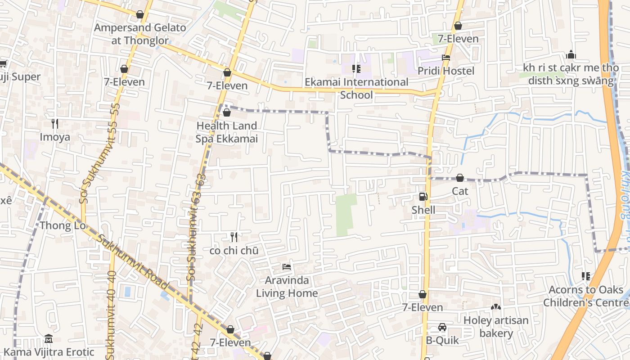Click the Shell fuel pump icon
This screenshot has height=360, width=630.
tap(423, 197)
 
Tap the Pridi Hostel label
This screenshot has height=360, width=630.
tap(445, 71)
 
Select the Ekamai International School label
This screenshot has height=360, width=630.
tap(356, 88)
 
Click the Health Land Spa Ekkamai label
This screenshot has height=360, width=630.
tap(226, 132)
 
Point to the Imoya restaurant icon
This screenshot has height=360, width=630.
tap(55, 123)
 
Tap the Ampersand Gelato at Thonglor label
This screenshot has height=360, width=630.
tap(139, 34)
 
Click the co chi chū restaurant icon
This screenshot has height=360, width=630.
tap(234, 237)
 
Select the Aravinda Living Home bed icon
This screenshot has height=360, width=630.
tap(286, 267)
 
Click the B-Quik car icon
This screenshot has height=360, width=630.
tap(442, 327)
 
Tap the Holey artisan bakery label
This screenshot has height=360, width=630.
tap(496, 327)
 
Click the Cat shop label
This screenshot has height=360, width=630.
tap(460, 191)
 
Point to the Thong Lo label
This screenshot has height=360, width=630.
tap(63, 225)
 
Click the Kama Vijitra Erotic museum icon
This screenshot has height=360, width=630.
tap(49, 338)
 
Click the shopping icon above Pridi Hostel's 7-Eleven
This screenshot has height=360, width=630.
tap(458, 26)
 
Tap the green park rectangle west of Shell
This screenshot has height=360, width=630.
tap(346, 215)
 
